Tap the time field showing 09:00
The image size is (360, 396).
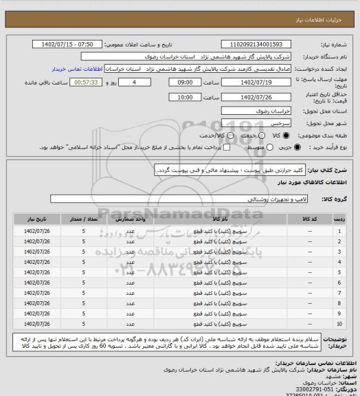176,82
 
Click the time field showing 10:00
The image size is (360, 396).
176,98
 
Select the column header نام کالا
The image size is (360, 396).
206,218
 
